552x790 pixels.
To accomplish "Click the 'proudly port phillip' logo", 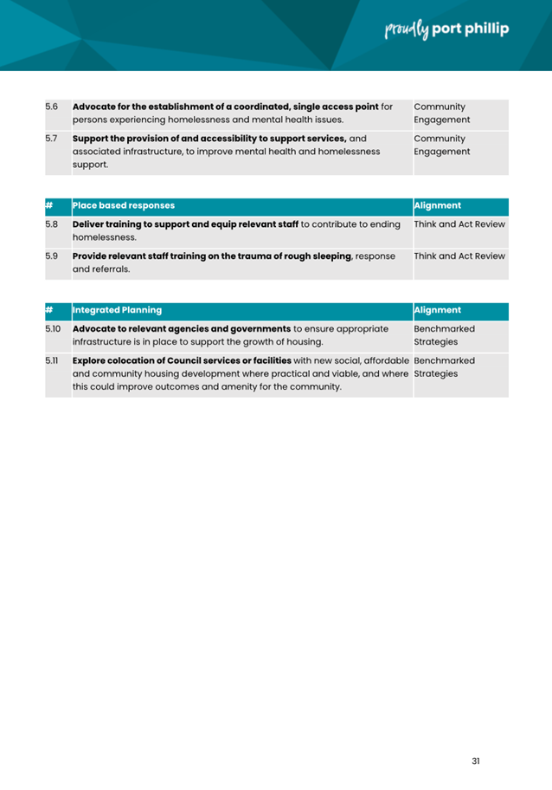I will coord(446,29).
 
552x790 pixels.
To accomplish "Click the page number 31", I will coord(476,761).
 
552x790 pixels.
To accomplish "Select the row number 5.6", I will coord(51,107).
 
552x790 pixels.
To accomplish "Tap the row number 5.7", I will coord(51,138).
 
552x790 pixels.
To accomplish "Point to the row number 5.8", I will coord(51,224).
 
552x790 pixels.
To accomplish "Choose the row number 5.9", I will coord(51,256).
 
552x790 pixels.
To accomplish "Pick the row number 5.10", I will coord(53,329).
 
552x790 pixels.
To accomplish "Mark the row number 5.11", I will coord(53,359).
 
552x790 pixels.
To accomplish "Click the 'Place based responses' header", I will coord(124,206).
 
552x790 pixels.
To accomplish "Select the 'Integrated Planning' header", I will coord(117,309).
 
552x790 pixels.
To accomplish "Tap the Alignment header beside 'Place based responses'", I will coord(438,206).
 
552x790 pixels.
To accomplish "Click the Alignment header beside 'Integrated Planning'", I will coord(438,309).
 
